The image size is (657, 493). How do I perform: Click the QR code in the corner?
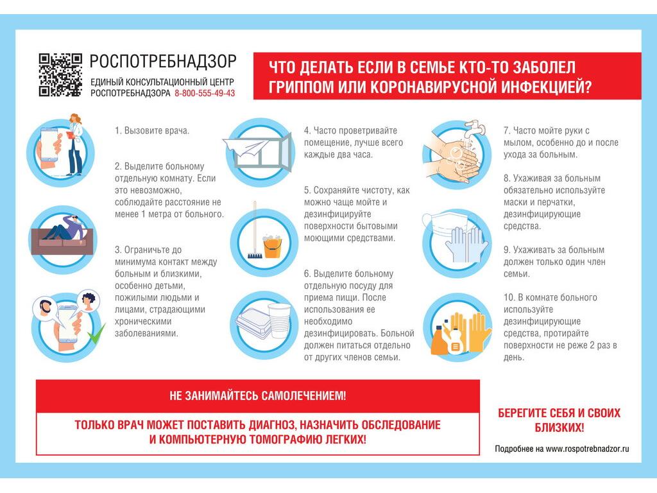point(60,74)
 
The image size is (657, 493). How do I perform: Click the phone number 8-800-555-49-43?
point(205,93)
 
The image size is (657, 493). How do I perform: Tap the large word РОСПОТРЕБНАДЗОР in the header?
point(163,61)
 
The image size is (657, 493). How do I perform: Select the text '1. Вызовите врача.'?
point(152,130)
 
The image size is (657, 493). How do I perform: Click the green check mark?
point(97,333)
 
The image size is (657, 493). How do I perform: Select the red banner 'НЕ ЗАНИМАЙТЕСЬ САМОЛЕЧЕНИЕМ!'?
point(257,396)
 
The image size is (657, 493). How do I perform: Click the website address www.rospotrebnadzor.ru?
point(587,449)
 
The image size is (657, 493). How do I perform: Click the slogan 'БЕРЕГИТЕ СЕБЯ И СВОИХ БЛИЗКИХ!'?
point(559,420)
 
